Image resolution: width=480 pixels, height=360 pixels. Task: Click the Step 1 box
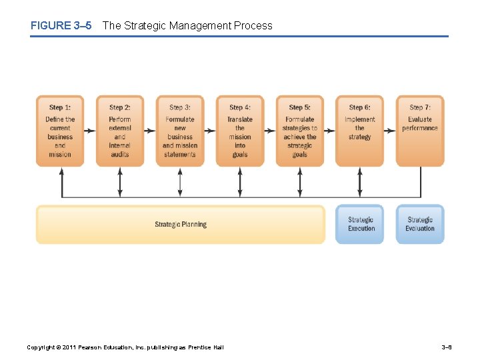click(60, 131)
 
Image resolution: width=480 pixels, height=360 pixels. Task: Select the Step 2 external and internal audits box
click(120, 131)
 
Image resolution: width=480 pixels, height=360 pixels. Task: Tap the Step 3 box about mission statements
click(180, 131)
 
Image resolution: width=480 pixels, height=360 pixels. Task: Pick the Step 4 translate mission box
click(240, 131)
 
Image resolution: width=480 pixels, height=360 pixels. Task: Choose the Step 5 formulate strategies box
click(300, 131)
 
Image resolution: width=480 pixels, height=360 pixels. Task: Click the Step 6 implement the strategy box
click(359, 131)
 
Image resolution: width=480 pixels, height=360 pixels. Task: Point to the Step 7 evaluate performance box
click(420, 131)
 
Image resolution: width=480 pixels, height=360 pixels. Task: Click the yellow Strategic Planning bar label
click(181, 225)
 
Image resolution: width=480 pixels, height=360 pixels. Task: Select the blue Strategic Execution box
click(361, 224)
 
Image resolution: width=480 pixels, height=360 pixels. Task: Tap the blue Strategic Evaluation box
click(420, 224)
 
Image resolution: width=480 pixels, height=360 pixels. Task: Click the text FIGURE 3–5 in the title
click(61, 26)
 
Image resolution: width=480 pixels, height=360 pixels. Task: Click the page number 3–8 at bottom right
click(447, 347)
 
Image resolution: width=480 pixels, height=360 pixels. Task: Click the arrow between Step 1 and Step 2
click(90, 131)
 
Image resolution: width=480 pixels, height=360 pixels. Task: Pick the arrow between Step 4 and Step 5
click(270, 131)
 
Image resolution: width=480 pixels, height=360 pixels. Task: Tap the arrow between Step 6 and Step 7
click(390, 131)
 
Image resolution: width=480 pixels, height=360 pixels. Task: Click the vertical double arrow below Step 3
click(180, 181)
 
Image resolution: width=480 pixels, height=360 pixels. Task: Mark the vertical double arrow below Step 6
click(360, 181)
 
